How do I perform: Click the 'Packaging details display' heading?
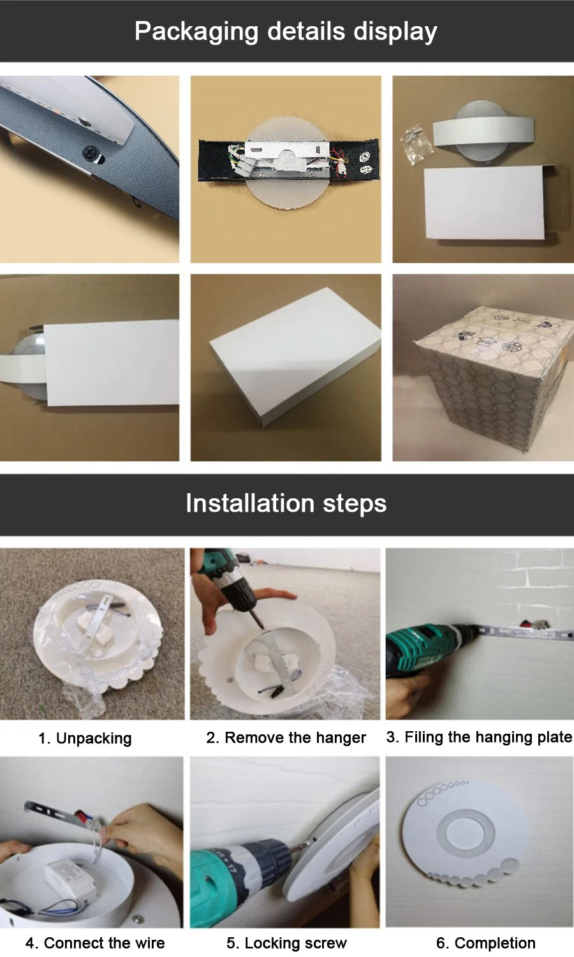click(x=286, y=31)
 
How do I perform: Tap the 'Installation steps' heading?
click(x=286, y=503)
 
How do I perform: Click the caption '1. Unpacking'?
click(x=85, y=738)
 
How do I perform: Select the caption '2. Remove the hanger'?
click(x=286, y=738)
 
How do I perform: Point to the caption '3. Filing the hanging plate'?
click(x=479, y=737)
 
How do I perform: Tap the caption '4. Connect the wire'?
click(x=95, y=942)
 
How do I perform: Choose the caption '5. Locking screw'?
click(x=286, y=942)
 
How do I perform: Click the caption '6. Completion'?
click(x=485, y=942)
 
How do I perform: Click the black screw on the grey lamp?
click(x=91, y=152)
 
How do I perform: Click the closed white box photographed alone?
click(x=295, y=356)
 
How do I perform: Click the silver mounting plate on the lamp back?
click(x=286, y=159)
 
